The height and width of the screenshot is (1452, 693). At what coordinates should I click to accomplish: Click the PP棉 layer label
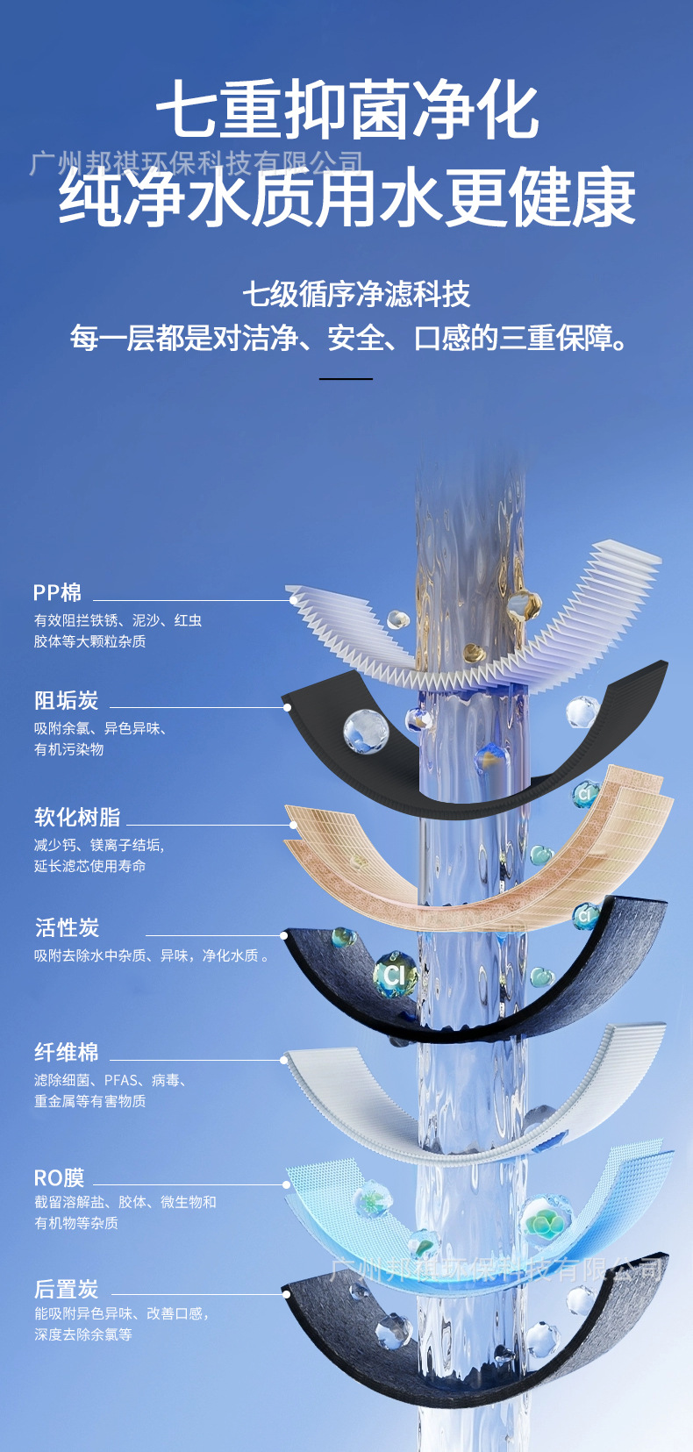click(x=57, y=593)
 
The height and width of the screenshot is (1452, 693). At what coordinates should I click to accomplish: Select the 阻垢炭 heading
click(x=67, y=700)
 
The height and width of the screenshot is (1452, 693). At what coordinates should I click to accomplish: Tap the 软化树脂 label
click(x=77, y=817)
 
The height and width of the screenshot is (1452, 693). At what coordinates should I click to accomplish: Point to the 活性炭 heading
click(x=68, y=927)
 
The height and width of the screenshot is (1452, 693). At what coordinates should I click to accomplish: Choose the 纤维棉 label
click(x=67, y=1052)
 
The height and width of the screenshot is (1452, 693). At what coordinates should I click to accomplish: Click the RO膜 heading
click(x=59, y=1177)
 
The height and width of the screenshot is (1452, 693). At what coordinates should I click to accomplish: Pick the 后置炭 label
click(x=67, y=1289)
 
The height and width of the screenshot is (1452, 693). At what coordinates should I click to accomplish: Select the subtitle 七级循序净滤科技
click(x=356, y=294)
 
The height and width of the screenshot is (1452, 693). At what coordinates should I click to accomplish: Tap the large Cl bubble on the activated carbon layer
click(x=395, y=974)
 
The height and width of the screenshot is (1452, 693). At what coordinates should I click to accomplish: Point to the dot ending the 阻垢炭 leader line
click(x=286, y=707)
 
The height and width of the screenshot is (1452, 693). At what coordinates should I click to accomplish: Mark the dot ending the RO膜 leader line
click(x=287, y=1184)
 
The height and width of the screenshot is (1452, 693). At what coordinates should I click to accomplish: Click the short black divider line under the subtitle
click(x=346, y=379)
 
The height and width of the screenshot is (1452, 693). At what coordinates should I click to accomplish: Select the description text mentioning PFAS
click(x=111, y=1080)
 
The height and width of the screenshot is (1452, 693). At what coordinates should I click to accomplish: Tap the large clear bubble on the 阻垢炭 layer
click(x=365, y=730)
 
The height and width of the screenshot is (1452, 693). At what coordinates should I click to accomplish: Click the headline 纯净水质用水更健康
click(x=347, y=198)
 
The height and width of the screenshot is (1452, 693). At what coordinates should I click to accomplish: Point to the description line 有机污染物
click(x=69, y=749)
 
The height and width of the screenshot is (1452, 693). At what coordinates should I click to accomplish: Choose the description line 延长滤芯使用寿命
click(x=90, y=866)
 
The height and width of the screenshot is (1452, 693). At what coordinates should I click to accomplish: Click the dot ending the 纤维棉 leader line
click(x=284, y=1060)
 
